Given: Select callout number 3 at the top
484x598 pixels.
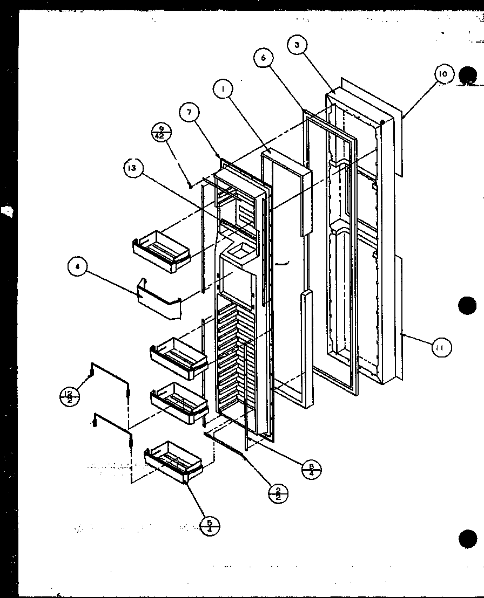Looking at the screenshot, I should tap(297, 45).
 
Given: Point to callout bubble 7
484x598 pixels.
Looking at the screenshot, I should tap(189, 113).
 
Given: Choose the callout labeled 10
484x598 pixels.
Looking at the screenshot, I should tap(443, 74).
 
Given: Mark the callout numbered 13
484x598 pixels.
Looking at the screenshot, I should tap(132, 168).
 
